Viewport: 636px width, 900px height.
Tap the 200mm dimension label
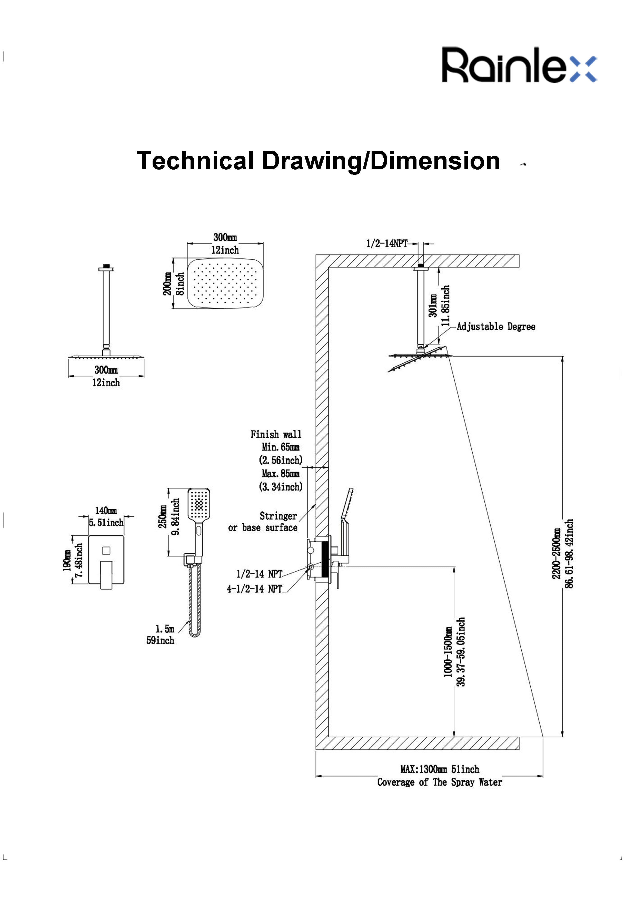point(167,284)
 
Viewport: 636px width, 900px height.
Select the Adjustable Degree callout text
point(496,327)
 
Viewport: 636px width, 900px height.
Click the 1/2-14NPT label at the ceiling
point(386,243)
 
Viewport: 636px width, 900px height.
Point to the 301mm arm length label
point(433,306)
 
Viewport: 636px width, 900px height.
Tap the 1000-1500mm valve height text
point(448,652)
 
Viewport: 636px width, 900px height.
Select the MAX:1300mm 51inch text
point(439,769)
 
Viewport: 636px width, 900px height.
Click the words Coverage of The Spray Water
point(439,782)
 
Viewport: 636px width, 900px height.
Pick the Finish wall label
point(276,434)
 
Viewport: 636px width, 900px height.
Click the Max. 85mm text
point(281,474)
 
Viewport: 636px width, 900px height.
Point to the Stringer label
point(278,516)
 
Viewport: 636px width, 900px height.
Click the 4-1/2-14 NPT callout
point(255,589)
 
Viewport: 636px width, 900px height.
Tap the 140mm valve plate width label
point(106,510)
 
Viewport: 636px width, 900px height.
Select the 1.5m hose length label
point(165,629)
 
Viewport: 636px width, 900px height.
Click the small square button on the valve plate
point(106,551)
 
